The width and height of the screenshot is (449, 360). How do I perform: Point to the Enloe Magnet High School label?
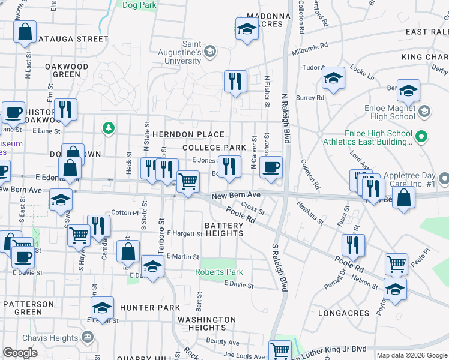tap(390, 112)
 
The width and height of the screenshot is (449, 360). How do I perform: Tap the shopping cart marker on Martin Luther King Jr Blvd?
tap(280, 350)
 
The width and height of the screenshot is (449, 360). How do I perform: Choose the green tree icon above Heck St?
tap(108, 128)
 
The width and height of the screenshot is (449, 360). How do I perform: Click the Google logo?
tap(20, 353)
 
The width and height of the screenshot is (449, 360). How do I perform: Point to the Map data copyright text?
tap(412, 355)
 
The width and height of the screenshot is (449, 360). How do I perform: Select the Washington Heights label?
tap(206, 324)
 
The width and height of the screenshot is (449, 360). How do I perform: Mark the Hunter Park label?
tap(149, 308)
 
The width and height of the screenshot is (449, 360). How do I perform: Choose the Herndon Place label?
tap(188, 134)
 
